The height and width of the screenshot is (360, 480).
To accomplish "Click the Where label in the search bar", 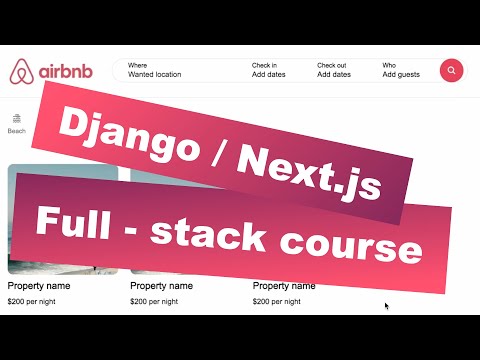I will click(x=138, y=65).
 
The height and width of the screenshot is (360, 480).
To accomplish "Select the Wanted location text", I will click(x=155, y=74).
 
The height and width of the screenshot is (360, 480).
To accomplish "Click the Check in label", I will click(x=264, y=65).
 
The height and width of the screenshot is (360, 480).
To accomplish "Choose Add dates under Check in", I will click(x=271, y=74).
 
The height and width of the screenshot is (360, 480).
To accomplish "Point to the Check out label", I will click(x=332, y=65).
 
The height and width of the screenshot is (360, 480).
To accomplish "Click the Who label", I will click(x=389, y=65).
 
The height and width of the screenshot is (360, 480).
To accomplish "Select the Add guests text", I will click(x=401, y=74).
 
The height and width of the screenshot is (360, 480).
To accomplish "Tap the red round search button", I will click(x=452, y=71).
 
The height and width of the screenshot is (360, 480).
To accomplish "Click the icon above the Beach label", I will click(x=17, y=118).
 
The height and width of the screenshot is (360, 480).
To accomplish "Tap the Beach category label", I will click(x=17, y=131).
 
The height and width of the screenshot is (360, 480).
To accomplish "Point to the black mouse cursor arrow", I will click(x=387, y=307).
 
